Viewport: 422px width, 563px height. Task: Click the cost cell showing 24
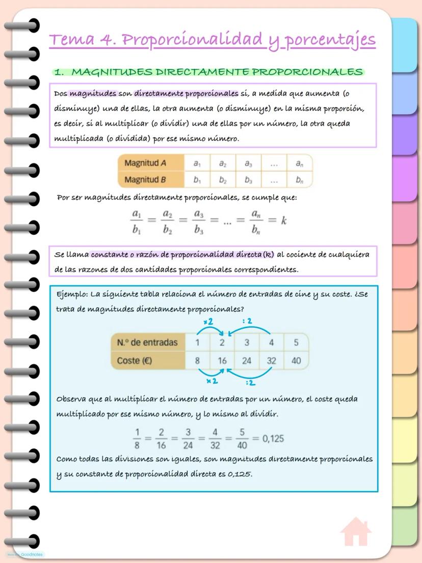(x=247, y=361)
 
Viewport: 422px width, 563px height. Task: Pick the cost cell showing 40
(x=296, y=361)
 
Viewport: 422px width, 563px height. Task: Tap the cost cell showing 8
(x=197, y=361)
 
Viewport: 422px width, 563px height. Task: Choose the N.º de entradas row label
(x=147, y=342)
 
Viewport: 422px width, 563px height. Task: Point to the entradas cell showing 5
(x=296, y=342)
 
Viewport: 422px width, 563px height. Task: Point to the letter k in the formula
(x=284, y=221)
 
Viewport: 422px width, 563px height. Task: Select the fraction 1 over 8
(x=137, y=438)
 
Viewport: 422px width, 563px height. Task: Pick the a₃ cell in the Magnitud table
(x=248, y=164)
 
